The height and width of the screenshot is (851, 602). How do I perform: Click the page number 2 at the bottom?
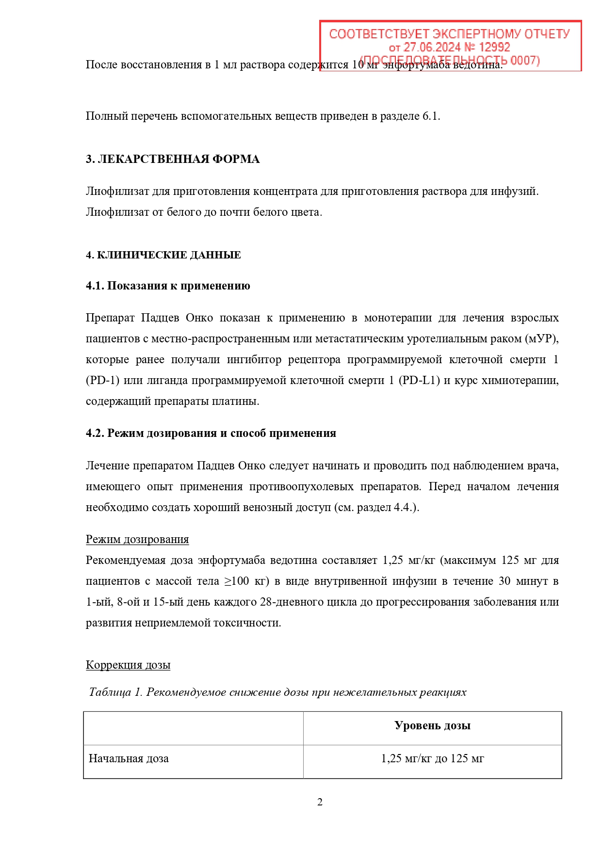click(320, 802)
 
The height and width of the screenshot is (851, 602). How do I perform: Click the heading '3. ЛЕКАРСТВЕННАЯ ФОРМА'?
click(173, 159)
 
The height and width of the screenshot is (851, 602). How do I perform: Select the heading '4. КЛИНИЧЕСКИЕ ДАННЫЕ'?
click(163, 255)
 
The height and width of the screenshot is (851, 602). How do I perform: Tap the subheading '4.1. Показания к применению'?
click(168, 286)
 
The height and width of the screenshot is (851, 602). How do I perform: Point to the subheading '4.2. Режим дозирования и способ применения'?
click(211, 433)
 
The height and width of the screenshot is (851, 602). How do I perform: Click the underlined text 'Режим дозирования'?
click(137, 539)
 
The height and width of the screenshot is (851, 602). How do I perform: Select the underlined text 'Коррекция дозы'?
click(128, 665)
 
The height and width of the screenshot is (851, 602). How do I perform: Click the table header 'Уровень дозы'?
click(432, 725)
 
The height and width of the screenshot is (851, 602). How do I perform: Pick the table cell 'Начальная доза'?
click(129, 758)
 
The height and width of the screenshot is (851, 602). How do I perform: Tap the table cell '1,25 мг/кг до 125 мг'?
click(432, 758)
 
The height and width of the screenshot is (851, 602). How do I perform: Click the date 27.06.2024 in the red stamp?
click(432, 47)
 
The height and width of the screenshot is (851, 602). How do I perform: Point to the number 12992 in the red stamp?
click(494, 47)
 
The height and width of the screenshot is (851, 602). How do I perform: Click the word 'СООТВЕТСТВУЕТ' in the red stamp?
click(379, 34)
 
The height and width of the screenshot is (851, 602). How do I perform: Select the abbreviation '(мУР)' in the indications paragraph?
click(542, 338)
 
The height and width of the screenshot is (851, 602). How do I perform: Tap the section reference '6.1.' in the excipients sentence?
click(431, 116)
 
